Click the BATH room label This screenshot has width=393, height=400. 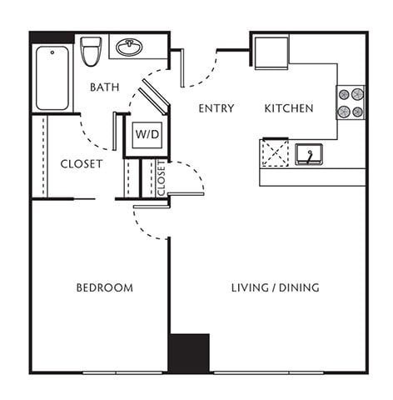pos(104,87)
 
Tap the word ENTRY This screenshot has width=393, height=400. pos(216,108)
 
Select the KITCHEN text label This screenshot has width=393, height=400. pos(288,108)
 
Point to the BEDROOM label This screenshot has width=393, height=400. pos(104,287)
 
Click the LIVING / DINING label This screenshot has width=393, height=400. pos(275,287)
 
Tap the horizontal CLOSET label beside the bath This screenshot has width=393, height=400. pos(82,164)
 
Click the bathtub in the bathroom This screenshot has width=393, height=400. pos(52,78)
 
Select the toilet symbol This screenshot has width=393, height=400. pos(91,50)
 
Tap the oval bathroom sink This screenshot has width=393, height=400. pos(129,47)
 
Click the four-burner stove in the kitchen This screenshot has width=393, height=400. pos(350,102)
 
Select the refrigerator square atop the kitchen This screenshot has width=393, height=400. pos(271,52)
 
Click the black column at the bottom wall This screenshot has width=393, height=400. pos(188,352)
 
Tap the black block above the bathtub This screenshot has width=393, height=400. pos(52,37)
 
